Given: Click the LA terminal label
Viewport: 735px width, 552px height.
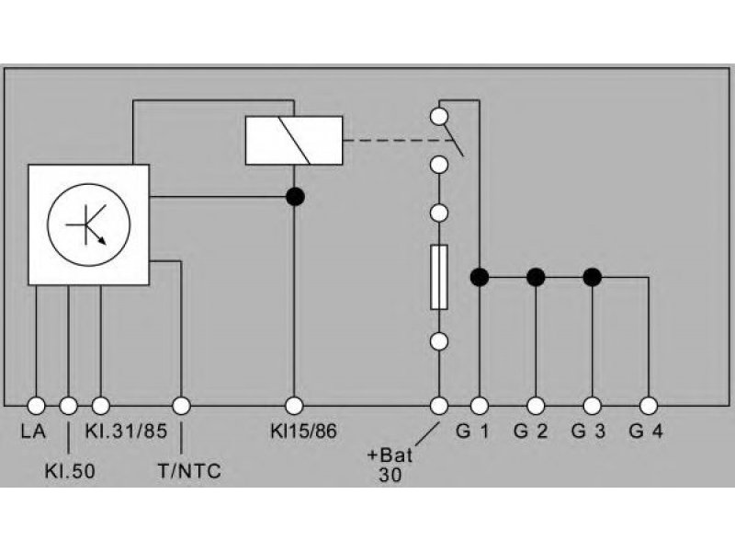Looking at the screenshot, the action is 33,431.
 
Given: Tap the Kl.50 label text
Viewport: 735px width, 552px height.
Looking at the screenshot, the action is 70,471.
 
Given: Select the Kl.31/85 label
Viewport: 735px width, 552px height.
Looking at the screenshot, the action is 126,431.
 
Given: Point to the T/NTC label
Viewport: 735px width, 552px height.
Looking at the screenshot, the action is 189,471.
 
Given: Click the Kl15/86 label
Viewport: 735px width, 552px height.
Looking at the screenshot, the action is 303,431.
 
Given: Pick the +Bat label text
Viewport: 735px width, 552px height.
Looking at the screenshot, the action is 390,455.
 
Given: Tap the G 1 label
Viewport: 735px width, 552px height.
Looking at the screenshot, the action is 472,431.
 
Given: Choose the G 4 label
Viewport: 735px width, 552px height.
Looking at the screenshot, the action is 646,431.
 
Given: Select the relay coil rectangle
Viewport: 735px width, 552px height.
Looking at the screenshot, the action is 294,141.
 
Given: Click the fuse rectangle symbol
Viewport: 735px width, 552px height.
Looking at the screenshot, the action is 439,277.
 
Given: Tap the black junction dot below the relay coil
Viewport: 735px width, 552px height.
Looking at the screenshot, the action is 295,197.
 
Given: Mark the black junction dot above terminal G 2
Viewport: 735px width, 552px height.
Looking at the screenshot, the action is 536,278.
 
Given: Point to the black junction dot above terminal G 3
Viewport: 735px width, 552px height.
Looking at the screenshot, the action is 593,278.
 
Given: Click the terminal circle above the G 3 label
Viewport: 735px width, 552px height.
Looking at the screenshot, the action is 593,406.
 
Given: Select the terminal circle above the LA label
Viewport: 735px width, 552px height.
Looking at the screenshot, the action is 37,406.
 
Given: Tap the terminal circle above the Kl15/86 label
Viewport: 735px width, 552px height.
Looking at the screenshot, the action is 294,406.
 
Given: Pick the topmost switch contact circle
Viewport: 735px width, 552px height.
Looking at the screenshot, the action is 439,116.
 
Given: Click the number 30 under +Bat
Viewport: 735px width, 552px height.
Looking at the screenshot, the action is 390,475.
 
